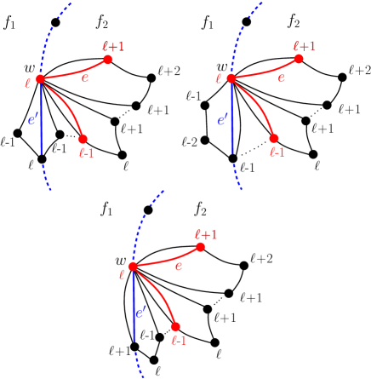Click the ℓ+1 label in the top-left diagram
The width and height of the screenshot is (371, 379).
click(x=113, y=46)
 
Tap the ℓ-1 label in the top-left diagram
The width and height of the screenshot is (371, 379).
click(x=85, y=152)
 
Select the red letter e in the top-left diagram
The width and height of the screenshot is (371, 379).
click(x=84, y=78)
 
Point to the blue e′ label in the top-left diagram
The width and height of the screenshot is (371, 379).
click(x=33, y=121)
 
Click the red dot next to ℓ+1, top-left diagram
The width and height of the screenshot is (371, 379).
click(x=108, y=60)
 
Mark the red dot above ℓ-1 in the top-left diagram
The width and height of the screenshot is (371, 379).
click(x=83, y=139)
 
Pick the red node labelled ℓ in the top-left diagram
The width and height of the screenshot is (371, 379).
click(x=40, y=79)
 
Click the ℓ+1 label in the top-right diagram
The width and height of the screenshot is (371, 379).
click(x=304, y=46)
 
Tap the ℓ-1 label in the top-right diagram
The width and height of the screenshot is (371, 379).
click(x=276, y=152)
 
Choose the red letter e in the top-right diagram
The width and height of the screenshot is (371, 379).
click(x=281, y=78)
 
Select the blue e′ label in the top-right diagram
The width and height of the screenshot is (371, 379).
click(x=223, y=121)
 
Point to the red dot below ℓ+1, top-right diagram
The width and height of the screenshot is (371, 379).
click(x=299, y=60)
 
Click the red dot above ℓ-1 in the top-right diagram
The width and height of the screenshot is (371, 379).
click(x=273, y=139)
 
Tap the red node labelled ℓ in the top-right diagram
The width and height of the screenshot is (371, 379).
click(x=231, y=79)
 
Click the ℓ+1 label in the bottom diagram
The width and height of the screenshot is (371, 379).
click(x=206, y=233)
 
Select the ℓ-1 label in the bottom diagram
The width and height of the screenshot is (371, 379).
click(x=179, y=340)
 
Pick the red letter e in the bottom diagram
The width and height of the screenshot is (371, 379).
click(x=179, y=266)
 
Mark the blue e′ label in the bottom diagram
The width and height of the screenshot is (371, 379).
click(x=141, y=312)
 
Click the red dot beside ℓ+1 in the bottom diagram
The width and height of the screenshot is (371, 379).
click(x=201, y=247)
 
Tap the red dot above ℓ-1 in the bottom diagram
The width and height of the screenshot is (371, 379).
click(x=175, y=326)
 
